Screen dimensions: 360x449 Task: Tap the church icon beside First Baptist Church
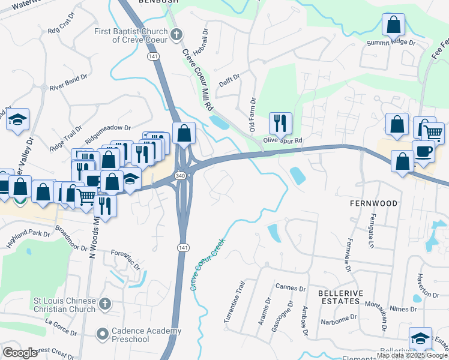point(176,34)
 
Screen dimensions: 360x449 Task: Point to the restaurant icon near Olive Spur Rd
point(280,124)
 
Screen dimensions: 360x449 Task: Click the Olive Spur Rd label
point(282,141)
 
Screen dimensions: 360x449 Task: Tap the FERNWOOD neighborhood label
point(373,203)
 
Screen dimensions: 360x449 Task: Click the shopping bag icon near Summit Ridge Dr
point(394,25)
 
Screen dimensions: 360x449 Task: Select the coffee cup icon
point(423,152)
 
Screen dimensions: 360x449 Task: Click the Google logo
point(20,353)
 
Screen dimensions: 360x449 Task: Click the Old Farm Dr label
point(253,116)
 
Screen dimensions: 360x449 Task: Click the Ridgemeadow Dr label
point(107,128)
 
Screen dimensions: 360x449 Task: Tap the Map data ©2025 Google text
point(412,355)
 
